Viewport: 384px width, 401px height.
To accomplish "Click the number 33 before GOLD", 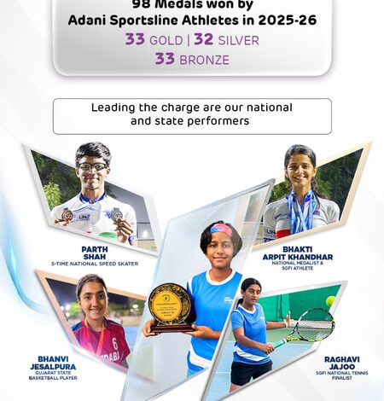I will coord(135,39).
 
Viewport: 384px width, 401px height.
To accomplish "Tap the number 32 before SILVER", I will coord(203,39).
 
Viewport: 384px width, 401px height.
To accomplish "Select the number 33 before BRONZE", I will coord(165,59).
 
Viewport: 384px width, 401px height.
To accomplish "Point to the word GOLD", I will coord(167,39).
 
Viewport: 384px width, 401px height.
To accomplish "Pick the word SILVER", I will coord(238,39).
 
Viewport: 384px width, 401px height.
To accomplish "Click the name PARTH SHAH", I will coord(95,253).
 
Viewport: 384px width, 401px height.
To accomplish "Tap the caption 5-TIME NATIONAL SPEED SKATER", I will coord(95,264).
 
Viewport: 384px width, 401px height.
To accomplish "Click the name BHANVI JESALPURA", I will coord(59,364).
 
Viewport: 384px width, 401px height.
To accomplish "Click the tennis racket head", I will coord(315,323).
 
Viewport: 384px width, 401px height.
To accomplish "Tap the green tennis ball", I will coord(330,300).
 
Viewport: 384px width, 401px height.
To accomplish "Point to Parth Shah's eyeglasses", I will coord(92,166).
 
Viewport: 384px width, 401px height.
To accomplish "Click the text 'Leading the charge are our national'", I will coord(191,108).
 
